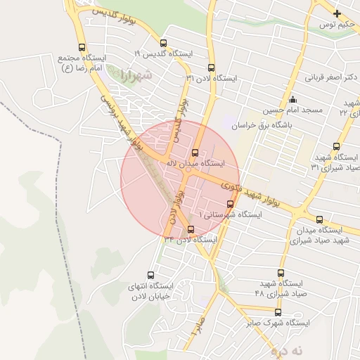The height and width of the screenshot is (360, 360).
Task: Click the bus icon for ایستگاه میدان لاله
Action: pyautogui.click(x=195, y=153)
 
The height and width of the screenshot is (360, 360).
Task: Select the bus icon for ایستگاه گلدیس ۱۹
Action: pyautogui.click(x=164, y=44)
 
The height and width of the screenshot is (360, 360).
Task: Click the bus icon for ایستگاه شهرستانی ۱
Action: pyautogui.click(x=230, y=204)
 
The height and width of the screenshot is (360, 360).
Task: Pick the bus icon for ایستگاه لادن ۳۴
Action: pyautogui.click(x=191, y=229)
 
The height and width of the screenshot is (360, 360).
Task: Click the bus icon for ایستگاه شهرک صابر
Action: pyautogui.click(x=278, y=312)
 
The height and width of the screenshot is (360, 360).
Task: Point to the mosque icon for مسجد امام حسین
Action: pyautogui.click(x=293, y=98)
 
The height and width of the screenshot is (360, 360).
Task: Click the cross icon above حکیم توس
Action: pyautogui.click(x=337, y=13)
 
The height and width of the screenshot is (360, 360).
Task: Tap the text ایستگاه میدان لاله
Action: pyautogui.click(x=194, y=163)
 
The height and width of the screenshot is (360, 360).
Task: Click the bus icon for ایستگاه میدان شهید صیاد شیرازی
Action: pyautogui.click(x=320, y=219)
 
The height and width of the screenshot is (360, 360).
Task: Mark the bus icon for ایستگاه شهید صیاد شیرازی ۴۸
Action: pyautogui.click(x=281, y=273)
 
